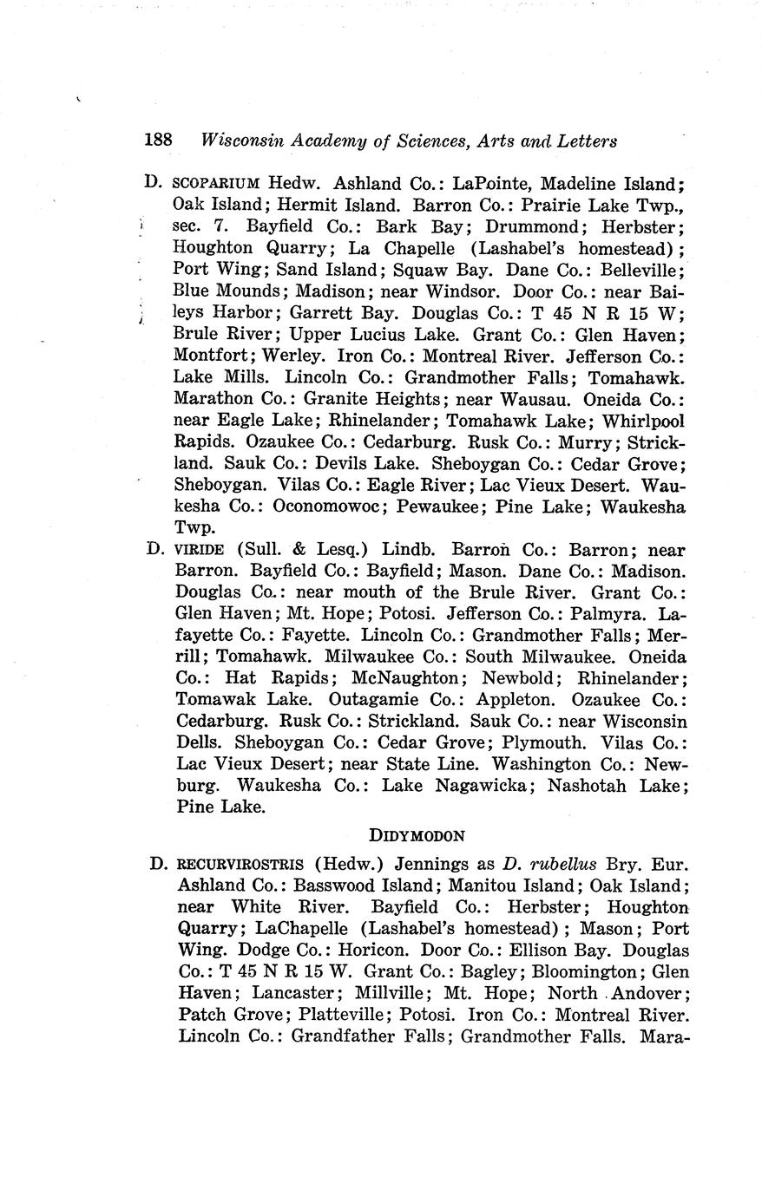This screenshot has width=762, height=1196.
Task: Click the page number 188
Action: [159, 140]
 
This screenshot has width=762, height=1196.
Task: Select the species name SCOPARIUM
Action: [217, 185]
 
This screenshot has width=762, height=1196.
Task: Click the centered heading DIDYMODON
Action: [417, 836]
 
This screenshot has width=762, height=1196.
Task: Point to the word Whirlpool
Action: [641, 421]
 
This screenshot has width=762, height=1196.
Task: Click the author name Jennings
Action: [439, 864]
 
